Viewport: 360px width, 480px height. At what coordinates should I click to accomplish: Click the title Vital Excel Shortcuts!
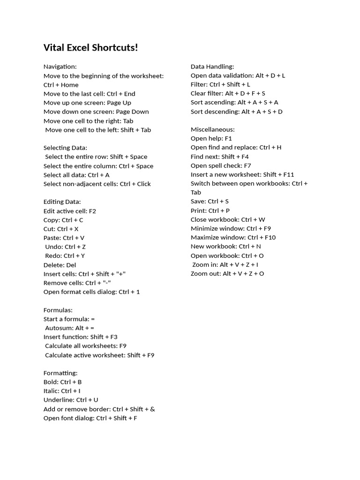click(90, 48)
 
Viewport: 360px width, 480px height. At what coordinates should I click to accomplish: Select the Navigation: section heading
click(60, 67)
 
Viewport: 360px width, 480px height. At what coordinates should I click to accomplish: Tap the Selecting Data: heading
click(65, 148)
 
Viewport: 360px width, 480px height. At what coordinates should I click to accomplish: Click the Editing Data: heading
click(62, 202)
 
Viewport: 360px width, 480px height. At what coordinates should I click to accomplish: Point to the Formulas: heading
click(58, 310)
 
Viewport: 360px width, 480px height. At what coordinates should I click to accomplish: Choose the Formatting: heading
click(60, 373)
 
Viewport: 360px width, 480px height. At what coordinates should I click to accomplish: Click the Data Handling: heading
click(212, 67)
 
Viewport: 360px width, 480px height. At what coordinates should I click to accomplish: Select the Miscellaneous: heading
click(213, 129)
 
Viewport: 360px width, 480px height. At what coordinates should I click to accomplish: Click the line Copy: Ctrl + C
click(63, 220)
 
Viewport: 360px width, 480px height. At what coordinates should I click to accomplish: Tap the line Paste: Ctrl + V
click(64, 238)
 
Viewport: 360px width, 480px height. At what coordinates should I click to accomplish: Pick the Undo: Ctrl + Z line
click(66, 247)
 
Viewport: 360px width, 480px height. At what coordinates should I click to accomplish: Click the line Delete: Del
click(60, 265)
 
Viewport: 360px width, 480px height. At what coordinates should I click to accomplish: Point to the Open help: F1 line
click(211, 139)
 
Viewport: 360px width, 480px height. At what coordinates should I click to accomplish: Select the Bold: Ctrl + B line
click(63, 382)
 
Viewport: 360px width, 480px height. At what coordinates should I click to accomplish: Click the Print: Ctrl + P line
click(210, 210)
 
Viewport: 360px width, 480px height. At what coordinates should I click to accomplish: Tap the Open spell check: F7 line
click(221, 165)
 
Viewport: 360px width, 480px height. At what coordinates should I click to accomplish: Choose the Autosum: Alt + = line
click(70, 328)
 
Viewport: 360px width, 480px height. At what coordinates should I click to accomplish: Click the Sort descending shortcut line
click(237, 112)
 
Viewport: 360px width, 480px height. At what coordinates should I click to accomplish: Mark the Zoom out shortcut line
click(227, 274)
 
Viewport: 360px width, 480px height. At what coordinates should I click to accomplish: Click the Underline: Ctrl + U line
click(71, 400)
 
